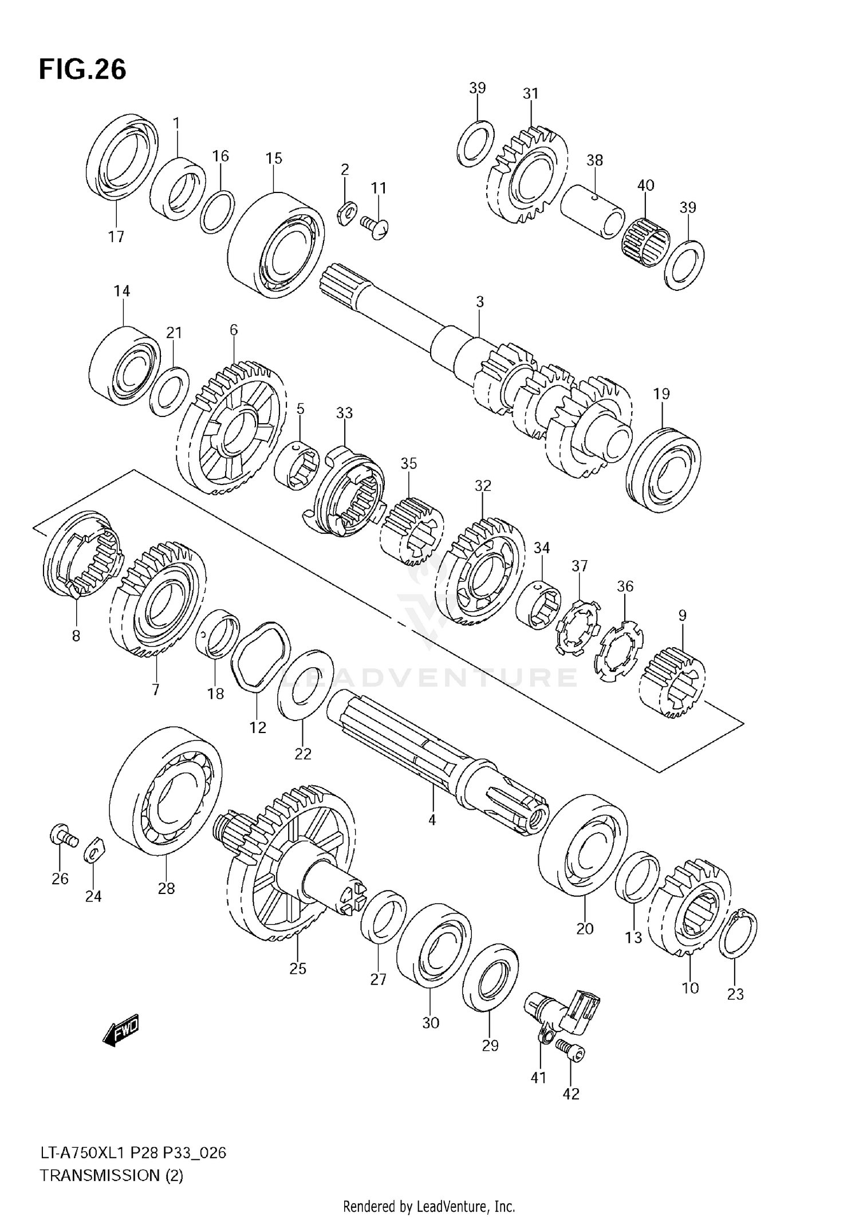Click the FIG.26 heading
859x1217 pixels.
[82, 70]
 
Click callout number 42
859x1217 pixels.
[571, 1094]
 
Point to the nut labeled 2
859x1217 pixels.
[346, 213]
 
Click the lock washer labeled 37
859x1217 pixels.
[578, 628]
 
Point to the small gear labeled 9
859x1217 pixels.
[672, 682]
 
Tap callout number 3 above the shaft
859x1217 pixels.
[480, 302]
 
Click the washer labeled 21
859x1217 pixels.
[170, 392]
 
